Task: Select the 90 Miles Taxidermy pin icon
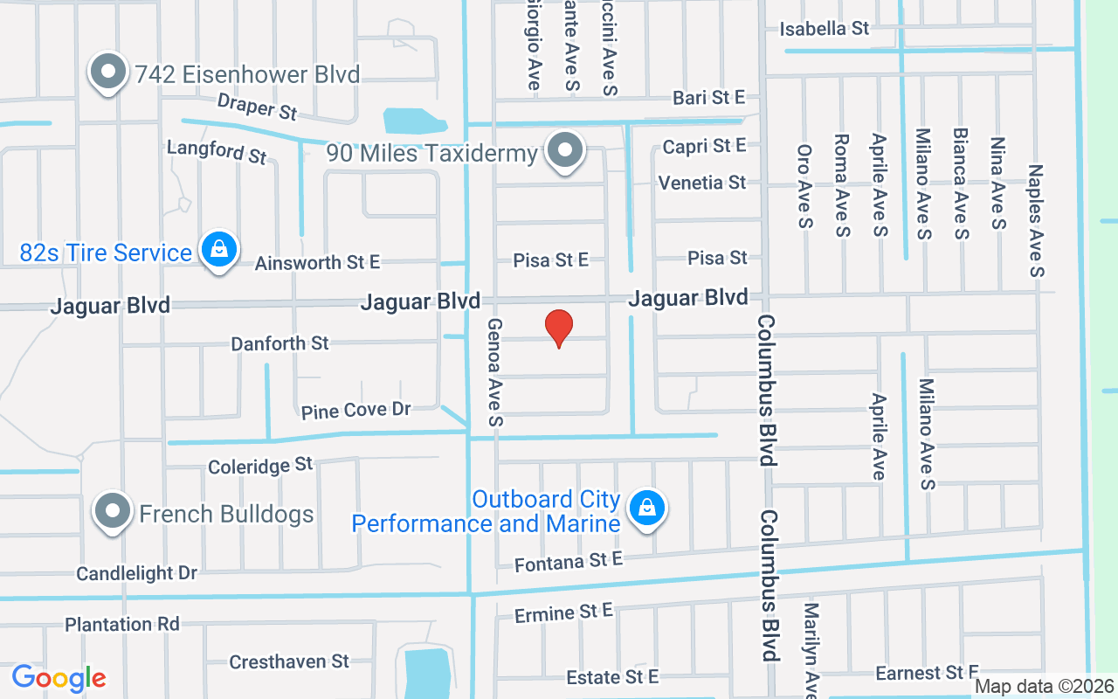pos(565,151)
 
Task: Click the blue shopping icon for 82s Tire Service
pos(218,251)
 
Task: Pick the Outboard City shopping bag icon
pos(647,507)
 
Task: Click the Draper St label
pos(258,107)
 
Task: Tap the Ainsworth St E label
pos(318,262)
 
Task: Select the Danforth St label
pos(279,343)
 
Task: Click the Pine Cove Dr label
pos(355,410)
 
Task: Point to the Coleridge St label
pos(260,466)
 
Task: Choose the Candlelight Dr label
pos(137,573)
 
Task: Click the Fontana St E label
pos(569,562)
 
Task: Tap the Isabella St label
pos(825,29)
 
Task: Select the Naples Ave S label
pos(1037,220)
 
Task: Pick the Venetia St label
pos(702,183)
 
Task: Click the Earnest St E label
pos(928,673)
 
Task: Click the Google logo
pos(59,678)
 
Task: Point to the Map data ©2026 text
pos(1045,687)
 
